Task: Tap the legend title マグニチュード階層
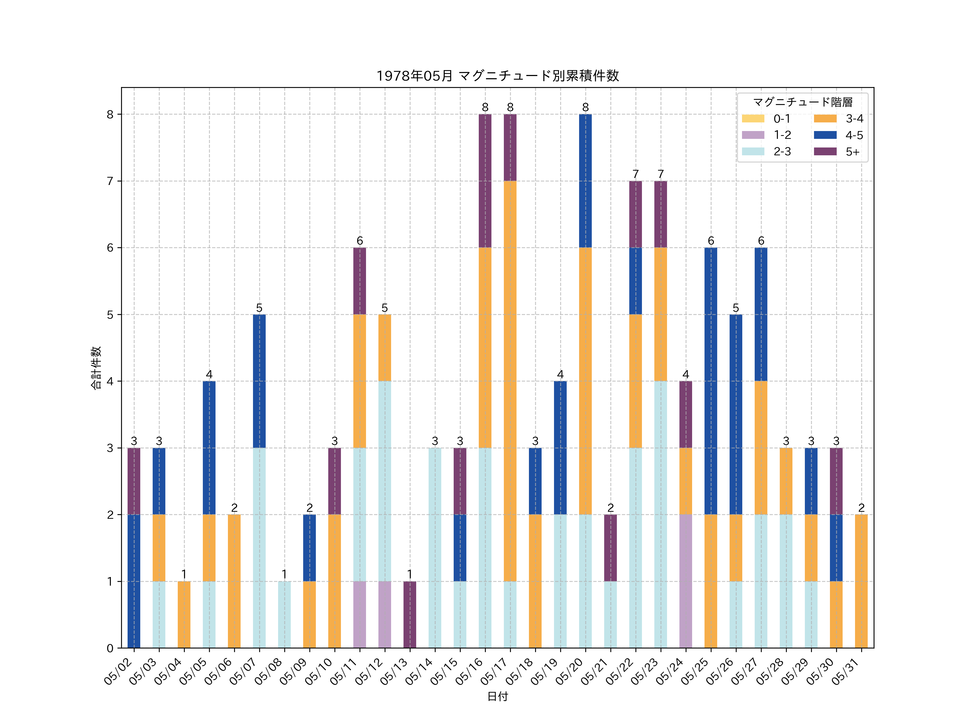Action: tap(802, 102)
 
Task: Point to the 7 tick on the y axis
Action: tap(110, 181)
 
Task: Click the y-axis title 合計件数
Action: tap(96, 368)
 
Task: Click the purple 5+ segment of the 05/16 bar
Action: tap(485, 181)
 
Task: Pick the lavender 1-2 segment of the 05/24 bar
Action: tap(686, 581)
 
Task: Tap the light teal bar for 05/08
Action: tap(285, 614)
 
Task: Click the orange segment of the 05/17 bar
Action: tap(510, 381)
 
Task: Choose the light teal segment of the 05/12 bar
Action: tap(385, 481)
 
